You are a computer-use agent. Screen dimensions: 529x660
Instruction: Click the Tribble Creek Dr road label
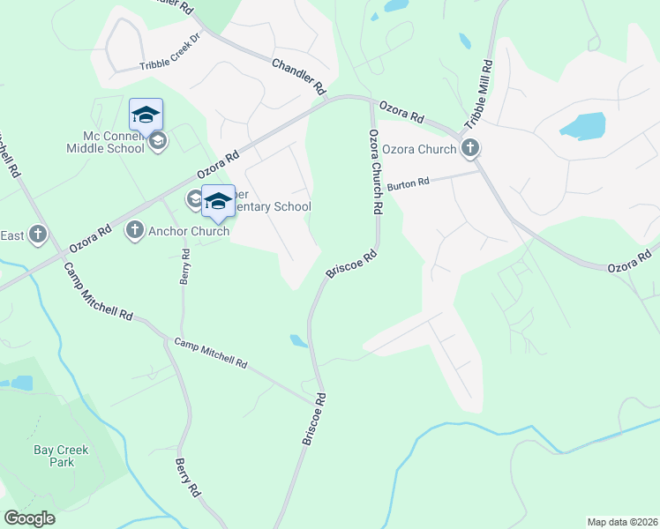pyautogui.click(x=171, y=54)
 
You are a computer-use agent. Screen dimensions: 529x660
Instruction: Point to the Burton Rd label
pyautogui.click(x=407, y=183)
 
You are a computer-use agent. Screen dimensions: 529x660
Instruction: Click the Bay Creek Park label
pyautogui.click(x=61, y=456)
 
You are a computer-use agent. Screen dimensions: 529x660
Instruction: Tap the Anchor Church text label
pyautogui.click(x=189, y=231)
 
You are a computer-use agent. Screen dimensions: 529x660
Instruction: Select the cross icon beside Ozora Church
pyautogui.click(x=472, y=148)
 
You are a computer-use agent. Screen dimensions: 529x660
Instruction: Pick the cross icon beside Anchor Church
pyautogui.click(x=135, y=231)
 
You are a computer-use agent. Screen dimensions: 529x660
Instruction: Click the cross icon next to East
pyautogui.click(x=37, y=235)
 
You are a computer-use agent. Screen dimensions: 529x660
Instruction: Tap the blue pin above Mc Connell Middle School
pyautogui.click(x=146, y=115)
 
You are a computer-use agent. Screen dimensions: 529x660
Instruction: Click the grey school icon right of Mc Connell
pyautogui.click(x=158, y=141)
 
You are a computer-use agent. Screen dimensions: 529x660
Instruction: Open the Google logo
pyautogui.click(x=29, y=518)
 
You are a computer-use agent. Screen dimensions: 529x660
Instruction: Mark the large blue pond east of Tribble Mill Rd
pyautogui.click(x=582, y=126)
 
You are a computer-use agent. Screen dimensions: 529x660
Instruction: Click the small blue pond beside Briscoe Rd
pyautogui.click(x=298, y=340)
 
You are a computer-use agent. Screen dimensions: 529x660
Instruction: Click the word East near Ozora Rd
pyautogui.click(x=12, y=235)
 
